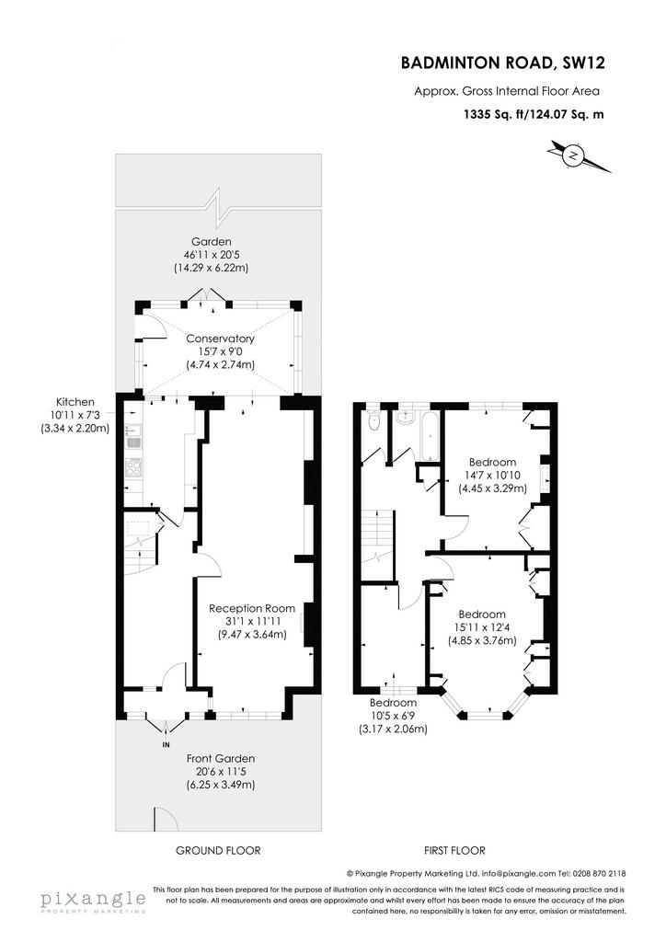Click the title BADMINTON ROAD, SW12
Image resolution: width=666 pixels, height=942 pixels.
[x=502, y=63]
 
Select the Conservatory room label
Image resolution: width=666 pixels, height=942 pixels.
[x=220, y=339]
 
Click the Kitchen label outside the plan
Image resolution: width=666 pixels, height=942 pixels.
[x=75, y=402]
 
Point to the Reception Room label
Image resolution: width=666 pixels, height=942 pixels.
[x=252, y=608]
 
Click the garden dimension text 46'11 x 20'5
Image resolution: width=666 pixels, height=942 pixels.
[x=211, y=255]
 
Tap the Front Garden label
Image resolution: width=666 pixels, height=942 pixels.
[x=221, y=759]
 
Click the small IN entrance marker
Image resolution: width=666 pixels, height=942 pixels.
[x=166, y=745]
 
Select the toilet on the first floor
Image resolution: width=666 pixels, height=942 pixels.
[x=374, y=420]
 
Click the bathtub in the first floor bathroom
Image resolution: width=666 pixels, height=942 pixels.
[x=431, y=435]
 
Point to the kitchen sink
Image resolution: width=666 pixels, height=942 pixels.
[x=132, y=437]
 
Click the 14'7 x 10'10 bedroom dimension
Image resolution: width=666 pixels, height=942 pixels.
[x=492, y=476]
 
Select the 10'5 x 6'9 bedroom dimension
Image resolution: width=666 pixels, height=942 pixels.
[x=393, y=716]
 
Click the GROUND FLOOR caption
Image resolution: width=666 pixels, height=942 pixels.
[x=219, y=850]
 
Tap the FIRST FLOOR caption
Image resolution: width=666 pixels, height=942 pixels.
[x=454, y=850]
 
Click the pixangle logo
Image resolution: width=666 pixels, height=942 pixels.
[x=93, y=902]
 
